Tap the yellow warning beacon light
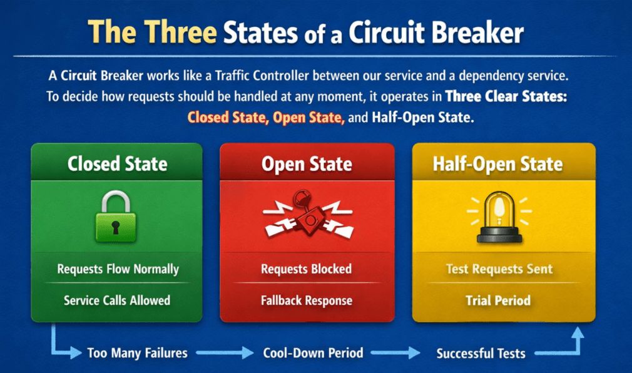point(499,217)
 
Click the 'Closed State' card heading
point(117,164)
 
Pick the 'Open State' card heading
point(307,164)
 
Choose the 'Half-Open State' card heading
point(498,164)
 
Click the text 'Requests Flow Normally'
point(118,269)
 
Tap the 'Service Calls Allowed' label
point(117,300)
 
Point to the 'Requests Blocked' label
point(307,269)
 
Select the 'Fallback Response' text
point(307,301)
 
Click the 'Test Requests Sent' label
point(499,269)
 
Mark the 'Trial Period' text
point(498,301)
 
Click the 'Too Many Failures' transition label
point(138,353)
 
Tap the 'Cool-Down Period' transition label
point(313,353)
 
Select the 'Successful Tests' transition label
point(481,354)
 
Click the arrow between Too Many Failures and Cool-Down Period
point(225,353)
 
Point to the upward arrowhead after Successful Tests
point(578,333)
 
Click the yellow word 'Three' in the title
point(181,32)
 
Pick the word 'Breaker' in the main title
point(477,33)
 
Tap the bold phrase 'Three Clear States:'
point(506,97)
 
